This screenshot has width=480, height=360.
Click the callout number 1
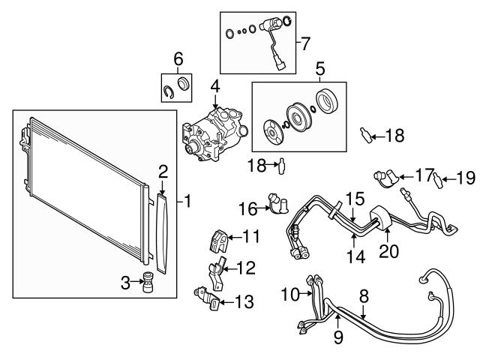[x=188, y=201]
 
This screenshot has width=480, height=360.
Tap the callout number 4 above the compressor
[x=214, y=87]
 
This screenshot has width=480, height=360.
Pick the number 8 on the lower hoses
[x=364, y=297]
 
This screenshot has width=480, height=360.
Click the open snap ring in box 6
[x=170, y=91]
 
